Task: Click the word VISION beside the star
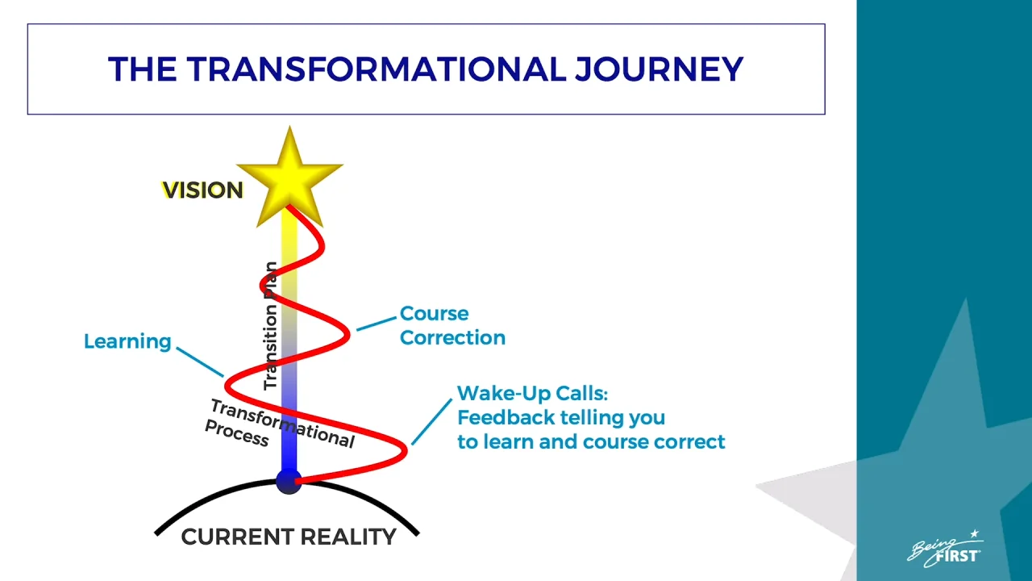(x=202, y=190)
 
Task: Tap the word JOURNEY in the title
(x=659, y=69)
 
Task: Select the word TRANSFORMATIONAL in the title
(x=376, y=69)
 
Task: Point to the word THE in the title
(x=142, y=69)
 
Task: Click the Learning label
(x=127, y=341)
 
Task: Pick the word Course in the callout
(x=434, y=314)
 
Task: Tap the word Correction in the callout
(x=452, y=337)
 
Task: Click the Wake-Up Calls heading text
(x=533, y=393)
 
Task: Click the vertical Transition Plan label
(x=270, y=325)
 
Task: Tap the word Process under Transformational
(x=237, y=433)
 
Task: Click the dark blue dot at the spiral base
(x=289, y=482)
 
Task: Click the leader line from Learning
(x=200, y=362)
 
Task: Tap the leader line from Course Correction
(x=377, y=324)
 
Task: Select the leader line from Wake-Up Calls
(x=431, y=422)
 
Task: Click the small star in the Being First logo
(x=975, y=533)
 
